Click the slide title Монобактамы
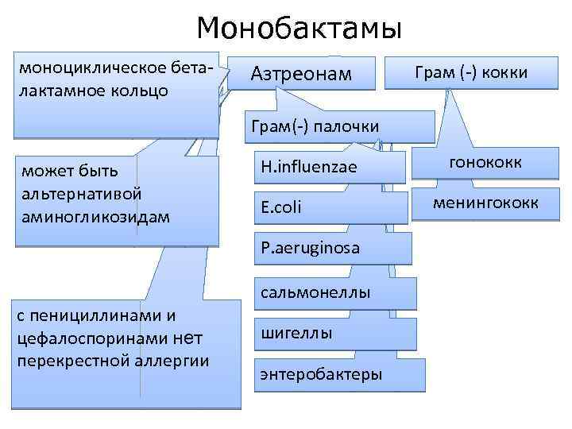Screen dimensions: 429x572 pyautogui.click(x=300, y=29)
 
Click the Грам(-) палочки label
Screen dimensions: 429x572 pyautogui.click(x=315, y=126)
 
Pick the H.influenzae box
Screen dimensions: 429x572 pyautogui.click(x=309, y=167)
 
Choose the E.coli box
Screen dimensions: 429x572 pyautogui.click(x=280, y=207)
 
